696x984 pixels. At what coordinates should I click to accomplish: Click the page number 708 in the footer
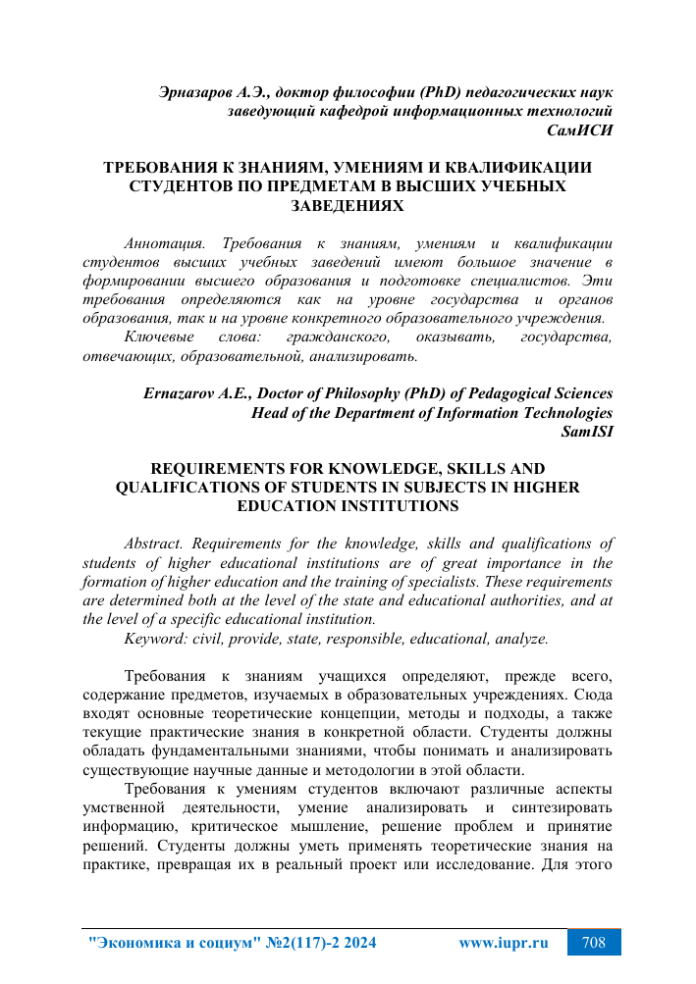tap(593, 943)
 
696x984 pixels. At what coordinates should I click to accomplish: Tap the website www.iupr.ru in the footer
tap(503, 943)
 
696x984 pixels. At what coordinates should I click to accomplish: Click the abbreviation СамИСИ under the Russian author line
tap(581, 129)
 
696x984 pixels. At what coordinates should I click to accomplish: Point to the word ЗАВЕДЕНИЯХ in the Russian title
tap(348, 205)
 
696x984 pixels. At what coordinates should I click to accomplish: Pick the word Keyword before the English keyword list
tap(156, 638)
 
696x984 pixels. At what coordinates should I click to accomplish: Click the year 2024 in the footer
tap(355, 943)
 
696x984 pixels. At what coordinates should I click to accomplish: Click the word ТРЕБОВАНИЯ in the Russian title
tap(162, 168)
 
